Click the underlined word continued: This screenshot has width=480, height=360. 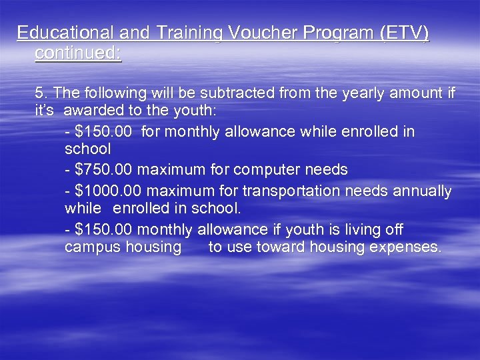click(78, 53)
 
